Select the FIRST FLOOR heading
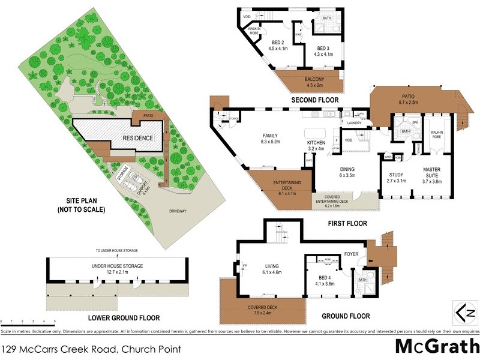click(x=346, y=223)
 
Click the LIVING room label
click(x=273, y=268)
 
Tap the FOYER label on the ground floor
click(x=352, y=254)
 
